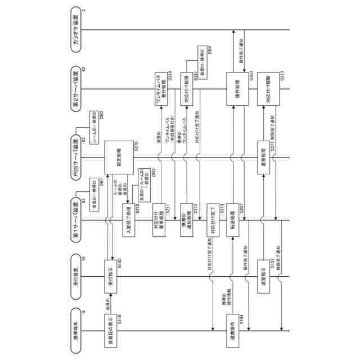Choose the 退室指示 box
point(266,276)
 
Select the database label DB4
point(210,52)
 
